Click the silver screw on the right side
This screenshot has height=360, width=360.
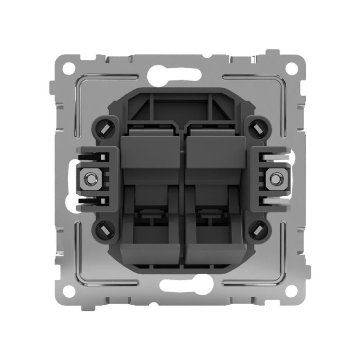click(277, 179)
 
